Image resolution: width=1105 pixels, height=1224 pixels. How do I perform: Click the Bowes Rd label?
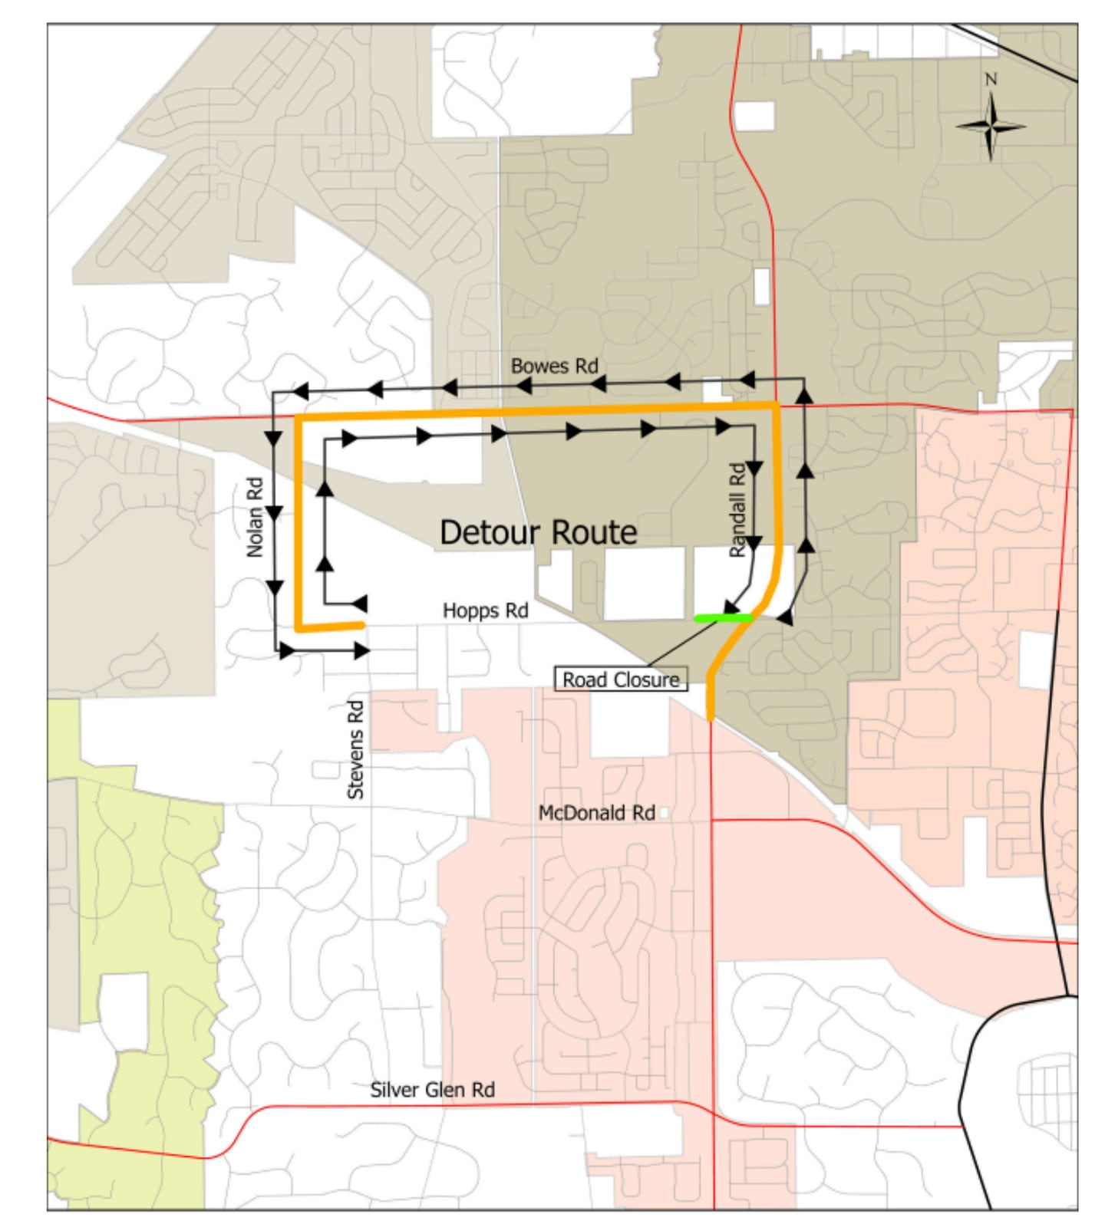click(554, 367)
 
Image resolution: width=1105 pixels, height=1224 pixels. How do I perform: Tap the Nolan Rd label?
click(255, 518)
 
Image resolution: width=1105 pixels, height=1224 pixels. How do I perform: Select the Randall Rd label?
click(737, 510)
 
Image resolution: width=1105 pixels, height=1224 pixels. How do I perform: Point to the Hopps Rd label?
click(485, 610)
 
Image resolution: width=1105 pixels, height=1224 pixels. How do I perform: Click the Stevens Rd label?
click(355, 750)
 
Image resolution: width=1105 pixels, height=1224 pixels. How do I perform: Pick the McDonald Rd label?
click(596, 813)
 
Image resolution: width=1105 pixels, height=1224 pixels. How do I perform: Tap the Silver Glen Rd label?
click(432, 1090)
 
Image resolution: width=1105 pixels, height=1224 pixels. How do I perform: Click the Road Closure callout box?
click(620, 679)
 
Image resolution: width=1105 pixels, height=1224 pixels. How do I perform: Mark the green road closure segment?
click(723, 617)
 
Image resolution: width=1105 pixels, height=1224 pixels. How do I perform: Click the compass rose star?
click(991, 127)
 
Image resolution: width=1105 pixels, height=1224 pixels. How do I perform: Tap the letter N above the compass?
click(991, 79)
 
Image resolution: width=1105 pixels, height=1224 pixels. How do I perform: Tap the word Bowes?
click(539, 367)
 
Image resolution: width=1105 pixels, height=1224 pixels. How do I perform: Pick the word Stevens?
click(355, 762)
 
